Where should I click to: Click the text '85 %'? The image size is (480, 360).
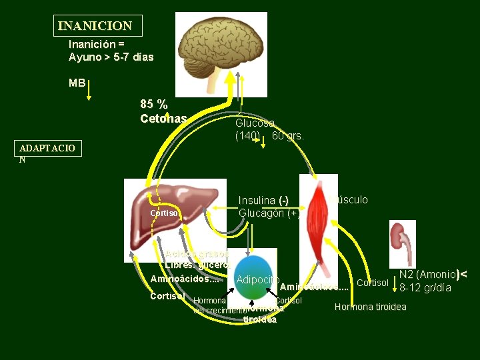[x=154, y=104]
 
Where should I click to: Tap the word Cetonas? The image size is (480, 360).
[x=163, y=119]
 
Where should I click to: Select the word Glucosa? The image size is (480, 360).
[x=255, y=123]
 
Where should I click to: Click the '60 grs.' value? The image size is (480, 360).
[x=287, y=136]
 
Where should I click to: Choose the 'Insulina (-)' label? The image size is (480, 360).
[x=263, y=201]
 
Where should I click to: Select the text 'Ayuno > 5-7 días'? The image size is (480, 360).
[x=111, y=57]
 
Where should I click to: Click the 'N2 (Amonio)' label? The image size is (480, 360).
[x=428, y=274]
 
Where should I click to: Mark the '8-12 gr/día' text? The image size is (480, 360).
[x=425, y=288]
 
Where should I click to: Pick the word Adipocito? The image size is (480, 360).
[x=257, y=279]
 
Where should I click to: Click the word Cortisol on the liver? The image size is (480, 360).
[x=164, y=213]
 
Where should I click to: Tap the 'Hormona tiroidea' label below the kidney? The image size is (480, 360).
[x=370, y=307]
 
